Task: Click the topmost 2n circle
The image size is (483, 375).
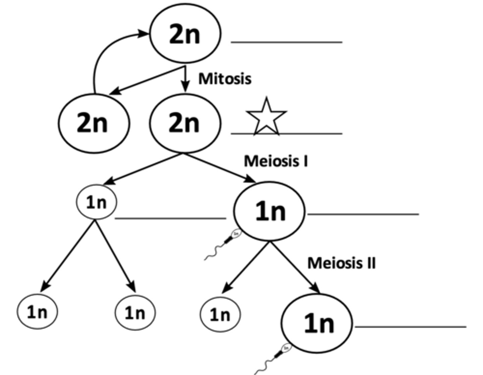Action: [x=185, y=34]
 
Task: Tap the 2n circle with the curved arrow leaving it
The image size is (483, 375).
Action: [x=93, y=123]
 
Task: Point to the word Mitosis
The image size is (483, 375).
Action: [x=225, y=79]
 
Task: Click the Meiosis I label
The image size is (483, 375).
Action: [x=276, y=161]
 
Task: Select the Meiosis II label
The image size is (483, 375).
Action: [x=341, y=263]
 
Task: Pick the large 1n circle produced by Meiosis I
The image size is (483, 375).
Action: [x=269, y=212]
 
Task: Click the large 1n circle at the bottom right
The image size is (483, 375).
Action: [x=317, y=323]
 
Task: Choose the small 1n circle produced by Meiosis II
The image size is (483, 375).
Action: [x=220, y=315]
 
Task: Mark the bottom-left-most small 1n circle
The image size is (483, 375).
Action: [x=37, y=312]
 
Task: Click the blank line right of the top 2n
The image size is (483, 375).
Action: [x=286, y=42]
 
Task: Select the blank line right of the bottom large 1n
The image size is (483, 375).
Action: [x=411, y=326]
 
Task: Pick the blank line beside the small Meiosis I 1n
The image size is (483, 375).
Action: [x=170, y=219]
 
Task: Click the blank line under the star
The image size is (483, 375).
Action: [x=286, y=134]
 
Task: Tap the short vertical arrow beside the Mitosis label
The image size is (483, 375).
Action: [x=185, y=80]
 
